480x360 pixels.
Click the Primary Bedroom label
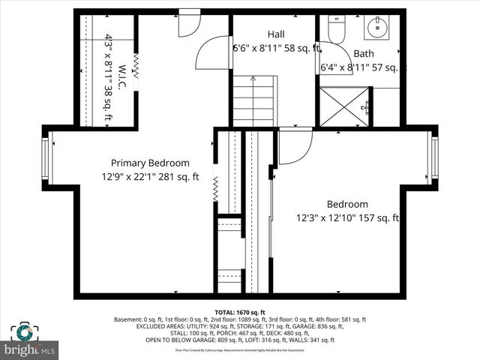(150, 163)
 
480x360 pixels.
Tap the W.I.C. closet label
(124, 78)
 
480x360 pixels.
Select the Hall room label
(276, 34)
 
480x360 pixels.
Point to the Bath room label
(364, 54)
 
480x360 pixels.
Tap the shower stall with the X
(344, 106)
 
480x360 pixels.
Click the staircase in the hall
(253, 101)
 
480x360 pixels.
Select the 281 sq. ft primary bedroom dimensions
(150, 178)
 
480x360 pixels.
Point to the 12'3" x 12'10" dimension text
(347, 219)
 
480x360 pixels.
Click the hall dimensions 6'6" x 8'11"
(276, 49)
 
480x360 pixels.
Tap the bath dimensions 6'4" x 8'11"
(363, 67)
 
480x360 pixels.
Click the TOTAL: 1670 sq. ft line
(240, 312)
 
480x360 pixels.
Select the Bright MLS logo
(31, 341)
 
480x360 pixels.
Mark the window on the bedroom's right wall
(434, 158)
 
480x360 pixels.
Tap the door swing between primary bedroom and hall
(212, 52)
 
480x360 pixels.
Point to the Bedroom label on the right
(347, 204)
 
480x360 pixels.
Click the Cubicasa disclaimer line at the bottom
(240, 349)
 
